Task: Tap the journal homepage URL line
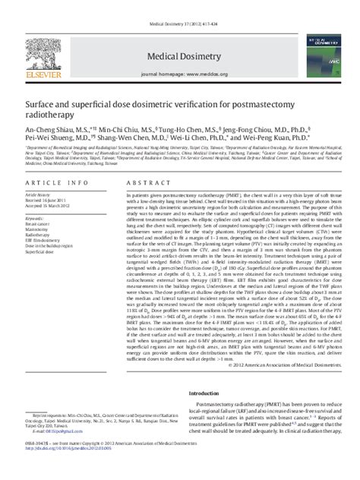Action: click(179, 75)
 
